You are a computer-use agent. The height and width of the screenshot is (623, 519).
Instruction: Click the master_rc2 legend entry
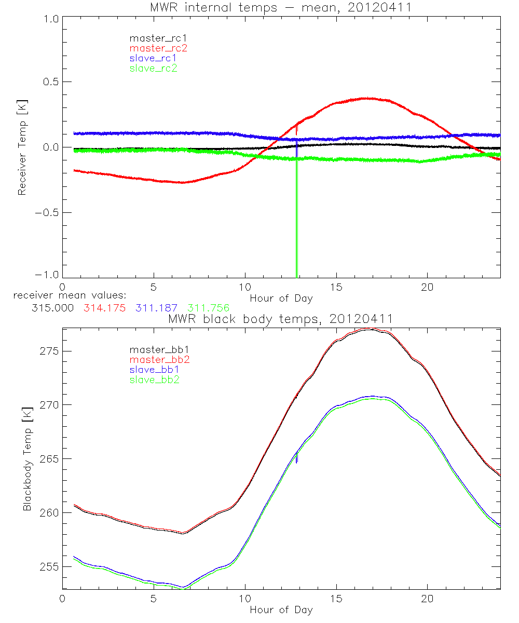click(158, 48)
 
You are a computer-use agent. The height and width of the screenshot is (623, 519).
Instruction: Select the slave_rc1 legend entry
click(153, 58)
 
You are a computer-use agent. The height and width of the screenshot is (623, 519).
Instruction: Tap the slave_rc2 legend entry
click(153, 68)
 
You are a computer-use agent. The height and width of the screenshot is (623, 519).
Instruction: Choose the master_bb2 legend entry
click(159, 359)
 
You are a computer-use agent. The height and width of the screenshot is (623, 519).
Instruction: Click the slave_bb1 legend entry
click(154, 370)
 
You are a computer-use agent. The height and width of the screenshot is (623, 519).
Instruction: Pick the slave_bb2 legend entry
click(154, 380)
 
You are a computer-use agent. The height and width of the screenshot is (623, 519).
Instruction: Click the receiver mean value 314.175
click(104, 308)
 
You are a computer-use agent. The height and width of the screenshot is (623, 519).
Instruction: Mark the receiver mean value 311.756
click(208, 308)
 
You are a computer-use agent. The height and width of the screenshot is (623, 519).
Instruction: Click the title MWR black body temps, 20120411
click(280, 319)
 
